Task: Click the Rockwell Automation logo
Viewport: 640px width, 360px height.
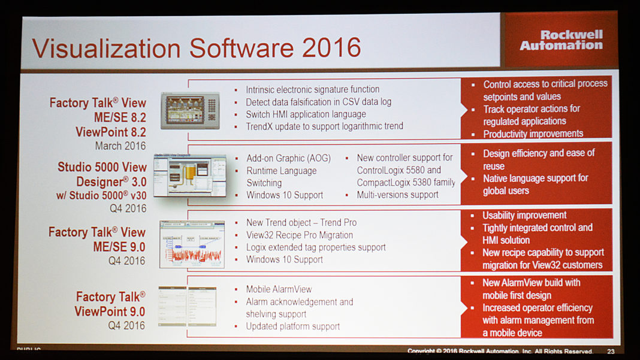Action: [x=561, y=40]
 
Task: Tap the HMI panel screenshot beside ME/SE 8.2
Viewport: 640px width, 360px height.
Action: [x=191, y=110]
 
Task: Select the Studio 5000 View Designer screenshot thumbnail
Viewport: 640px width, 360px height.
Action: [x=190, y=176]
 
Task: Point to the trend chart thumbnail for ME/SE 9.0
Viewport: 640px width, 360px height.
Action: [x=192, y=243]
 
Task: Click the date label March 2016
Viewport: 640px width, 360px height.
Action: [x=120, y=146]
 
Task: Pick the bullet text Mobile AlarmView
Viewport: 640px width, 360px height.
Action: [x=279, y=289]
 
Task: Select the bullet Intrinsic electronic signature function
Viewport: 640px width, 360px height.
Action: [x=312, y=89]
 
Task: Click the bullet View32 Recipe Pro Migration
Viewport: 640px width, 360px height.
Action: [x=299, y=235]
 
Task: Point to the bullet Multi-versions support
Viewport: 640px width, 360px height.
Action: [x=397, y=195]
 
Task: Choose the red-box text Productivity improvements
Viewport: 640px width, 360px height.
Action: [x=533, y=134]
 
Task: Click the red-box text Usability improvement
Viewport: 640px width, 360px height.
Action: [x=524, y=215]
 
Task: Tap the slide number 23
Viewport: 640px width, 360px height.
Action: [x=611, y=352]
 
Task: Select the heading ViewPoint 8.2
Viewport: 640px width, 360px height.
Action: [x=110, y=131]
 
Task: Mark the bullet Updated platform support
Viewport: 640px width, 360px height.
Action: [x=292, y=326]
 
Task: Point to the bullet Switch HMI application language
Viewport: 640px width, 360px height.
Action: [x=306, y=114]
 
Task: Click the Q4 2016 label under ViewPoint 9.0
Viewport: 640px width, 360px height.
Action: [x=126, y=326]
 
